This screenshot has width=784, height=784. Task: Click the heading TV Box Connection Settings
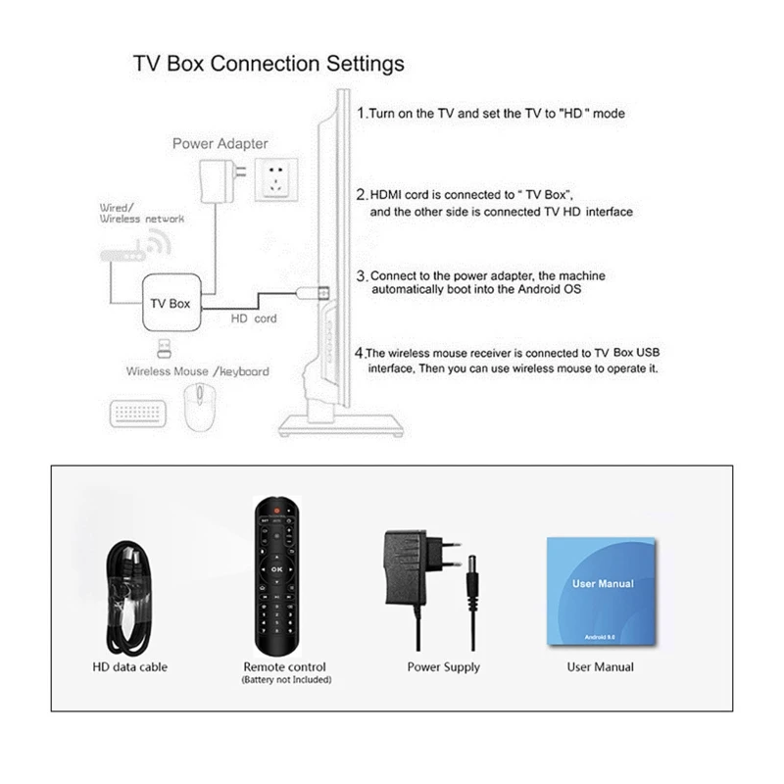pyautogui.click(x=268, y=65)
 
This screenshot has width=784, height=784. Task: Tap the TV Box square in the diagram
pyautogui.click(x=171, y=304)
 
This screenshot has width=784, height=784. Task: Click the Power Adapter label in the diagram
pyautogui.click(x=220, y=144)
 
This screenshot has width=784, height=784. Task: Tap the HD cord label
pyautogui.click(x=253, y=318)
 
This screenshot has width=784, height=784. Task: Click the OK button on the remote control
pyautogui.click(x=276, y=567)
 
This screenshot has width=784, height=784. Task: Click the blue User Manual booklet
pyautogui.click(x=600, y=591)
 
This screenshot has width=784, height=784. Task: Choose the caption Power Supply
pyautogui.click(x=444, y=667)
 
